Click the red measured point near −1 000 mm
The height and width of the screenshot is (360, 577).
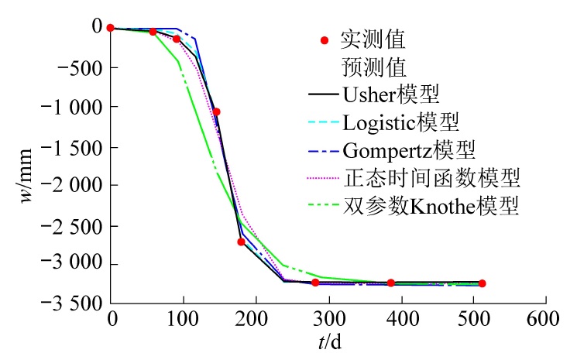pyautogui.click(x=216, y=112)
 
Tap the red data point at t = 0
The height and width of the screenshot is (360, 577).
pyautogui.click(x=111, y=28)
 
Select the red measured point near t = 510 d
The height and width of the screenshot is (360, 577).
pyautogui.click(x=482, y=283)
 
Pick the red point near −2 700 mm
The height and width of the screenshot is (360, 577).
pyautogui.click(x=241, y=242)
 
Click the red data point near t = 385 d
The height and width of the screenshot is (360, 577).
pyautogui.click(x=391, y=283)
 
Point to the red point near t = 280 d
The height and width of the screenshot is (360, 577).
pyautogui.click(x=315, y=283)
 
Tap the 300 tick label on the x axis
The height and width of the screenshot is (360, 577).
pyautogui.click(x=328, y=318)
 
